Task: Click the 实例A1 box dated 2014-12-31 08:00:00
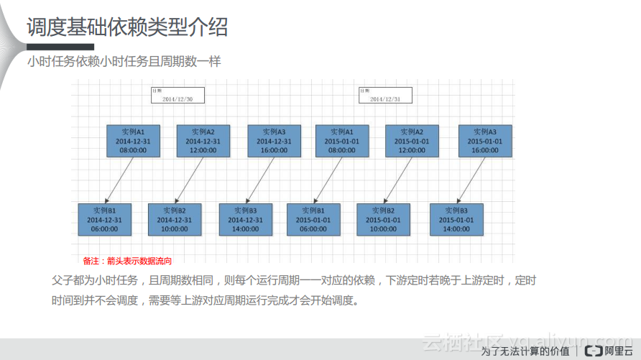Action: tap(133, 141)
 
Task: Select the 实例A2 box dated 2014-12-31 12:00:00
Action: tap(203, 141)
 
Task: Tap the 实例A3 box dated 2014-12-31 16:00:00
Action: tap(274, 141)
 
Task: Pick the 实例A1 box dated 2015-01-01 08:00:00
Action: tap(342, 141)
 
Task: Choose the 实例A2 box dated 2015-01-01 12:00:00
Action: tap(412, 141)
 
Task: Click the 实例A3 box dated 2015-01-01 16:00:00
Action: tap(485, 141)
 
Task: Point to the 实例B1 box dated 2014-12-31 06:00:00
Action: tap(105, 219)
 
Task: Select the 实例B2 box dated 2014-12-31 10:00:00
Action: tap(175, 219)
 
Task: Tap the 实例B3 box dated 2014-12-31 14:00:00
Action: tap(245, 219)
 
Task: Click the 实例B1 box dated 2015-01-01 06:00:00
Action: tap(313, 219)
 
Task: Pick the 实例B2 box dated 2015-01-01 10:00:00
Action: tap(383, 219)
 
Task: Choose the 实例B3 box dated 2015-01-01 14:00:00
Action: tap(456, 219)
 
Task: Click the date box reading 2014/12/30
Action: tap(177, 96)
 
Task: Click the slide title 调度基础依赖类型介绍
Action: tap(127, 27)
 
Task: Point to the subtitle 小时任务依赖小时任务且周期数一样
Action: tap(124, 62)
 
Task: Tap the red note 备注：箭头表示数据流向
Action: tap(128, 261)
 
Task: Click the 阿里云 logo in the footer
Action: tap(608, 351)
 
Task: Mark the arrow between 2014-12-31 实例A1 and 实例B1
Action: tap(119, 180)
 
